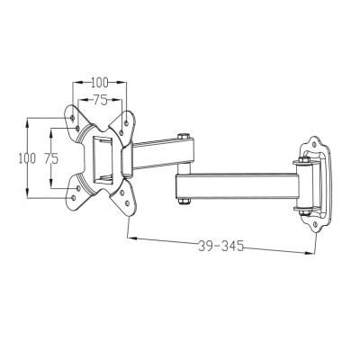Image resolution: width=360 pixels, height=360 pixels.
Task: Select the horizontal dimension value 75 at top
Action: click(101, 101)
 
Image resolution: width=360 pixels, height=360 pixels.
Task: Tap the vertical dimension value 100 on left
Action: click(28, 157)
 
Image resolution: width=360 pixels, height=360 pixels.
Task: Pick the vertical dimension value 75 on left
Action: click(51, 157)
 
